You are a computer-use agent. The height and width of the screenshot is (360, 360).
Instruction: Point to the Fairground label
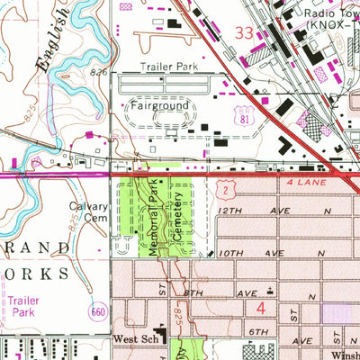(x=162, y=105)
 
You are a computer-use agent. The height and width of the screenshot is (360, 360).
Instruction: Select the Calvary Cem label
(x=88, y=211)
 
